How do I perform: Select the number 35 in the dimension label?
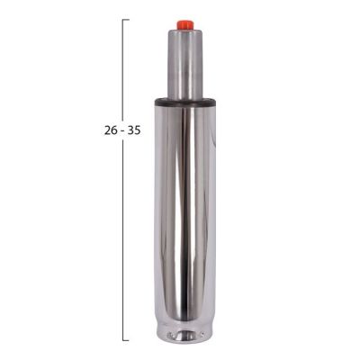tap(133, 130)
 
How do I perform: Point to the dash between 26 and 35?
tap(122, 130)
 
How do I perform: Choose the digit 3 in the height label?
tap(130, 130)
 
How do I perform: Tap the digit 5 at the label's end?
tap(137, 130)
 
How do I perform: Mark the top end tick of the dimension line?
tap(125, 20)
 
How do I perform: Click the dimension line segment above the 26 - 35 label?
tap(123, 72)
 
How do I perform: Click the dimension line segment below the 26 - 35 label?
tap(123, 234)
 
